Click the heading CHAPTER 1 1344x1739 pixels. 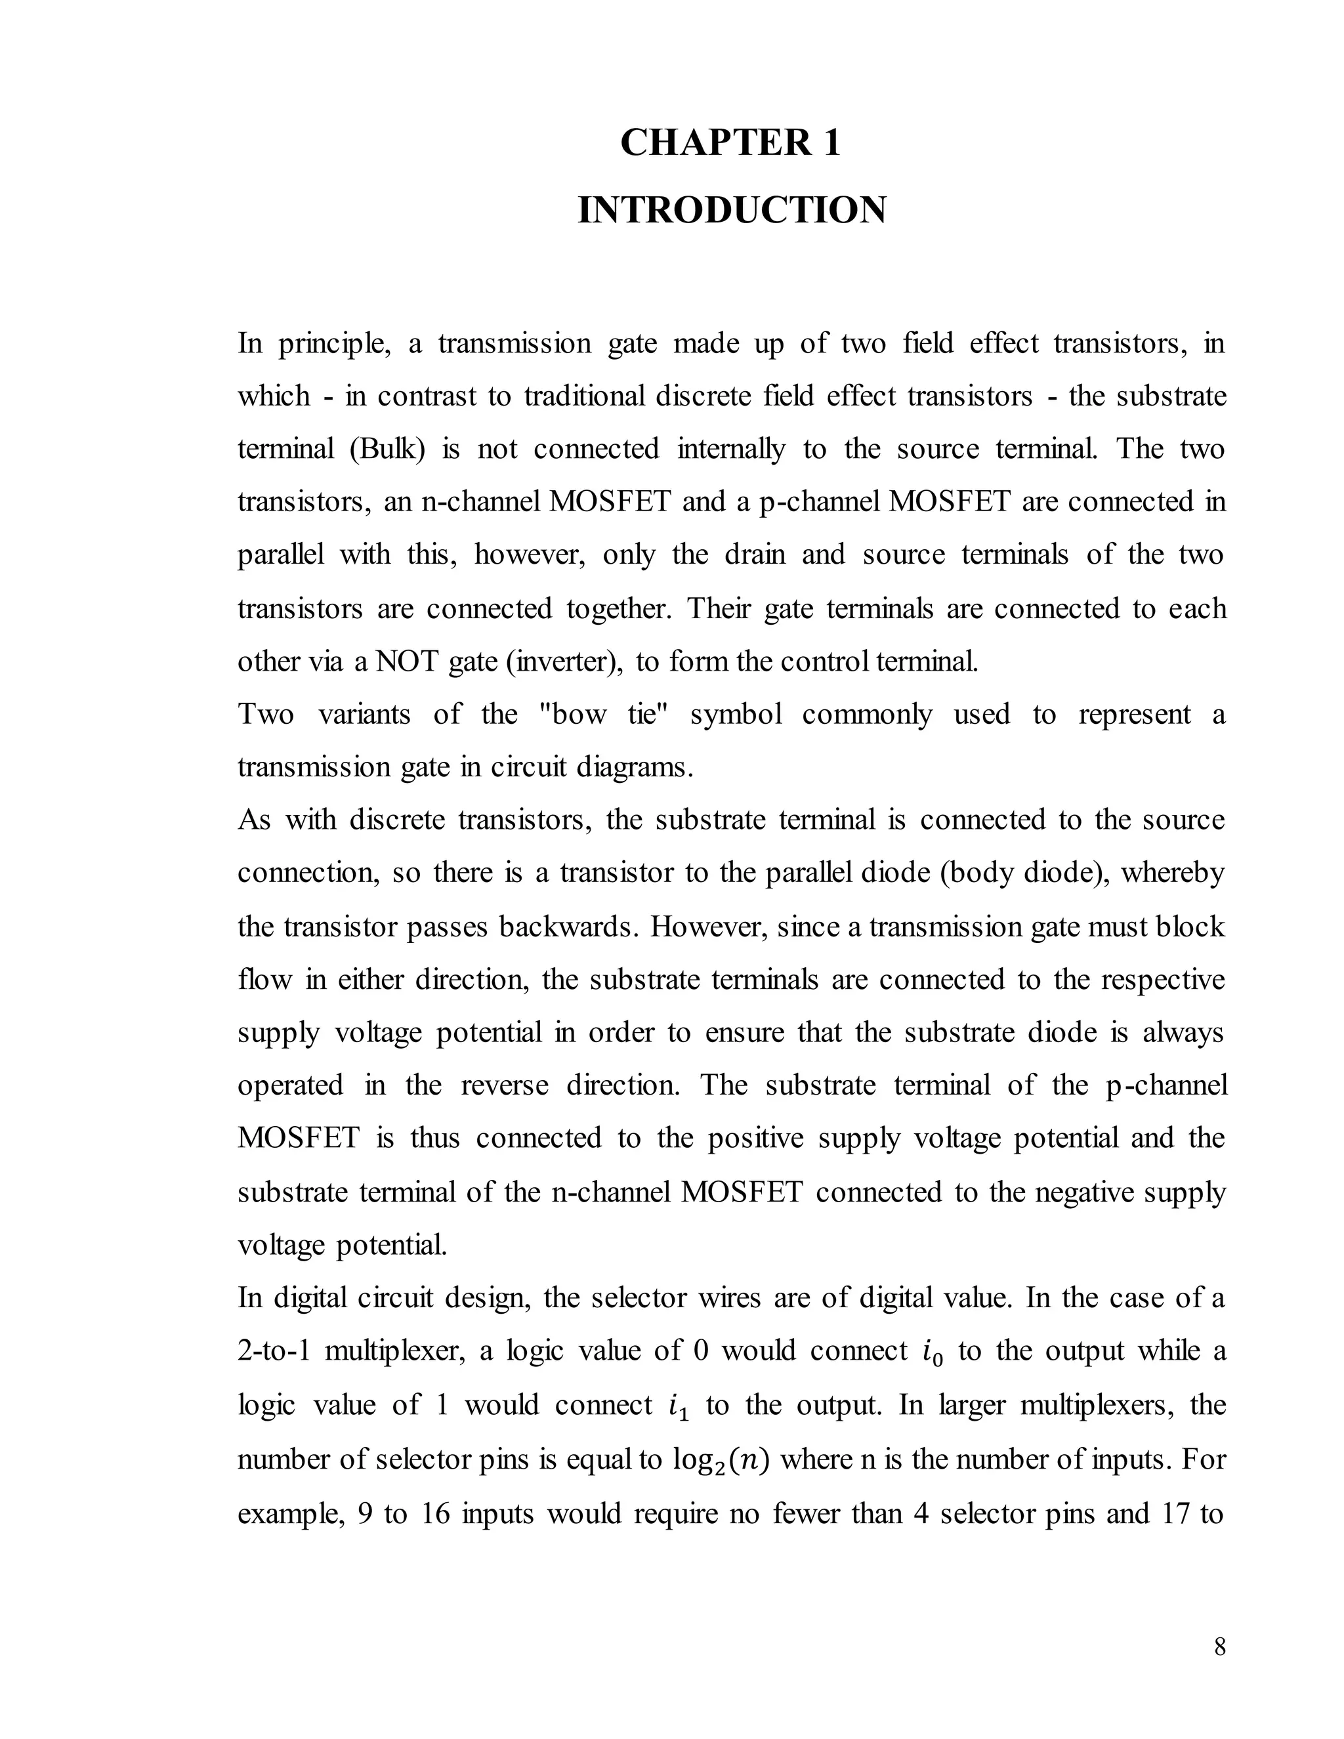[x=730, y=143]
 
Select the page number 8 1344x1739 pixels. [x=1220, y=1647]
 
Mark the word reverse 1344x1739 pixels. [x=504, y=1086]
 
